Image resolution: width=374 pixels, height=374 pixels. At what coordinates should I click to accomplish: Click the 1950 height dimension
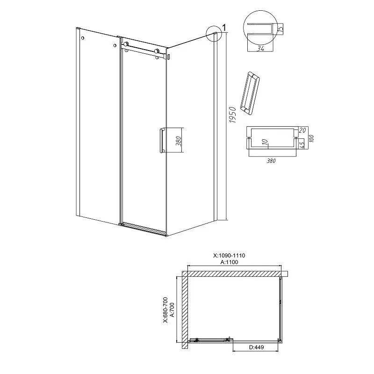[232, 115]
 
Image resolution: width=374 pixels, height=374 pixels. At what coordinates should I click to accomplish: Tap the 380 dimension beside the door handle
[180, 141]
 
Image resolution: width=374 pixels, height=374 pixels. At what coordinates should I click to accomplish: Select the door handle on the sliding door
[161, 140]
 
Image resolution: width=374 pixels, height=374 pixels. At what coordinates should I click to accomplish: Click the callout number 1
[224, 28]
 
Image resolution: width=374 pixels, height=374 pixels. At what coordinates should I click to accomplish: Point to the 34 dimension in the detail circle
[260, 49]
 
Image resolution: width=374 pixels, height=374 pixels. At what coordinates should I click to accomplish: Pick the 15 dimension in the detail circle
[280, 29]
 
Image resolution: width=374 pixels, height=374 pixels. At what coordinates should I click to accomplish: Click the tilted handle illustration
[250, 93]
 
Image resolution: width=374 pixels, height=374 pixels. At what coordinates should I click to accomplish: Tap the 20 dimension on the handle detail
[302, 130]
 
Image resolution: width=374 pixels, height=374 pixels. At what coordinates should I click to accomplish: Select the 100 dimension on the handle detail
[311, 138]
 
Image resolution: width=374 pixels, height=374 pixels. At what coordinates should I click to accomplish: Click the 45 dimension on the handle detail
[302, 144]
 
